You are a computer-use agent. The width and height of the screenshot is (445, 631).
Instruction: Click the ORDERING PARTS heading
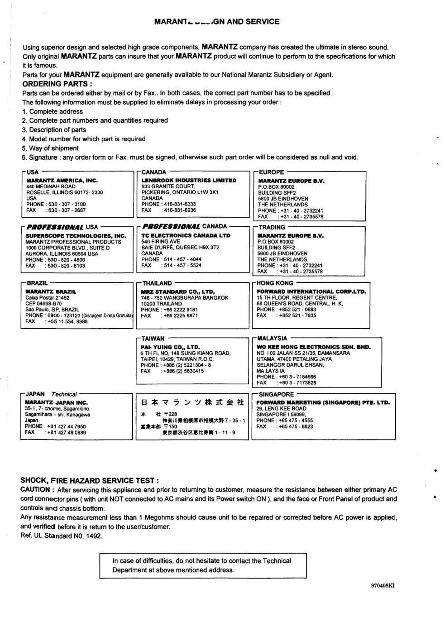click(57, 84)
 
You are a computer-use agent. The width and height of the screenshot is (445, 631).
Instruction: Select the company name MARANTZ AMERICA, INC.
click(62, 180)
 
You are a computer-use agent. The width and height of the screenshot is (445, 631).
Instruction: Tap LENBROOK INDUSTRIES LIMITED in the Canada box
click(189, 180)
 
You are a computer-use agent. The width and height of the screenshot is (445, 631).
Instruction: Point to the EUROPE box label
click(271, 172)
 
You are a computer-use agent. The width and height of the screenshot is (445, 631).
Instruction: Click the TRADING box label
click(272, 227)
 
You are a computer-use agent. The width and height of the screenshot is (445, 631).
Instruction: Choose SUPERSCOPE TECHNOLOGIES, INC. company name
click(76, 236)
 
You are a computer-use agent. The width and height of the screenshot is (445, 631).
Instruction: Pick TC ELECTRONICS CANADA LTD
click(186, 235)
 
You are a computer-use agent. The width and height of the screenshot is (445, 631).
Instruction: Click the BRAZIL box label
click(37, 283)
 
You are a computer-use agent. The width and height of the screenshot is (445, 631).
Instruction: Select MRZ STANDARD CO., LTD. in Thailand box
click(177, 292)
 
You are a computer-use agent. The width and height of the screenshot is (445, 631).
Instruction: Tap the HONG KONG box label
click(275, 283)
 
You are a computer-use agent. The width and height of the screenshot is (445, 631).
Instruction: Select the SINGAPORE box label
click(276, 394)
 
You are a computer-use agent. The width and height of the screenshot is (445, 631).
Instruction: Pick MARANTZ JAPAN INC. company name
click(56, 402)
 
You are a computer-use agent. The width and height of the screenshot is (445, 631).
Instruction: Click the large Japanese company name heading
click(192, 402)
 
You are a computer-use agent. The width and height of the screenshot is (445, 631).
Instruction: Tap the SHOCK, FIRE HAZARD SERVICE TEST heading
click(90, 480)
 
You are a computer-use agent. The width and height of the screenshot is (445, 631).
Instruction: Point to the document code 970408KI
click(383, 585)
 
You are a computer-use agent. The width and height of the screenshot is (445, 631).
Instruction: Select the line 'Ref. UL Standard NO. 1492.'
click(62, 536)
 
